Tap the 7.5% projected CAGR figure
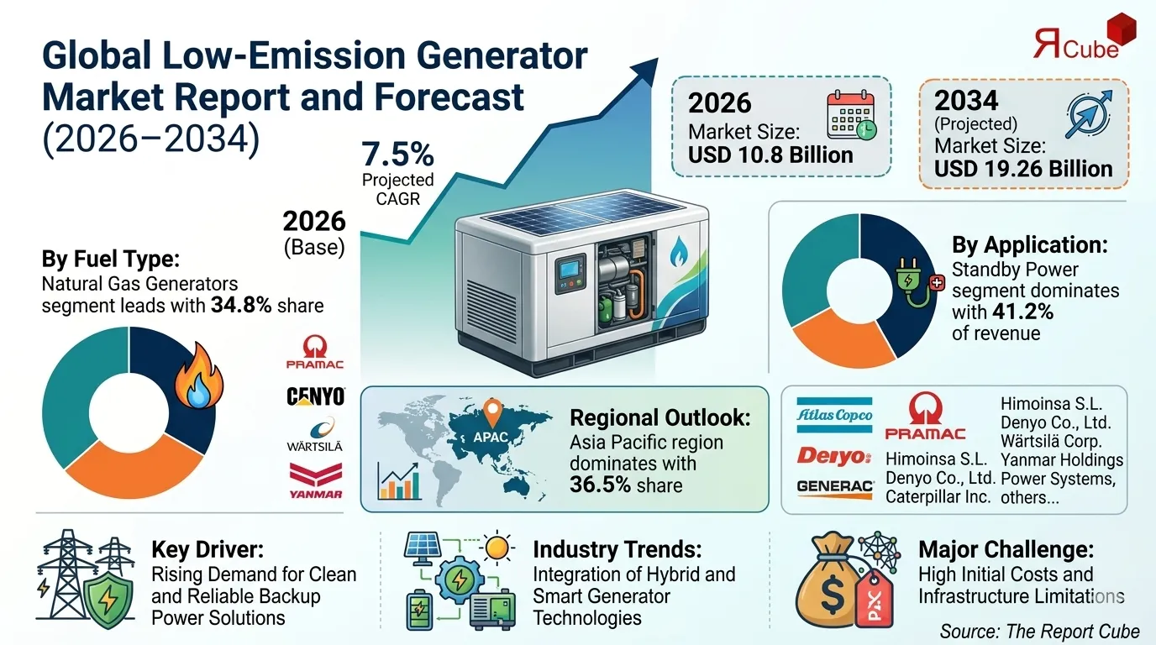(397, 155)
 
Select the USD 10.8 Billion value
(770, 155)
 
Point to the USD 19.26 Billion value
(1023, 168)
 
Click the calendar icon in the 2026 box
(851, 115)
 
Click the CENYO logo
(315, 396)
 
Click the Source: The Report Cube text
(1039, 632)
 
